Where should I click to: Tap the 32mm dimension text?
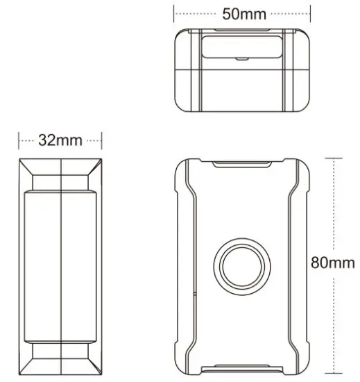(x=60, y=140)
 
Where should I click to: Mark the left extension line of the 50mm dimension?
(x=174, y=13)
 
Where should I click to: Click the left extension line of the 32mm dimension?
(x=19, y=140)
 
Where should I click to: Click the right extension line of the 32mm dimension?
(x=101, y=140)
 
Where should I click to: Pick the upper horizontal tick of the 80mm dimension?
(x=334, y=158)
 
